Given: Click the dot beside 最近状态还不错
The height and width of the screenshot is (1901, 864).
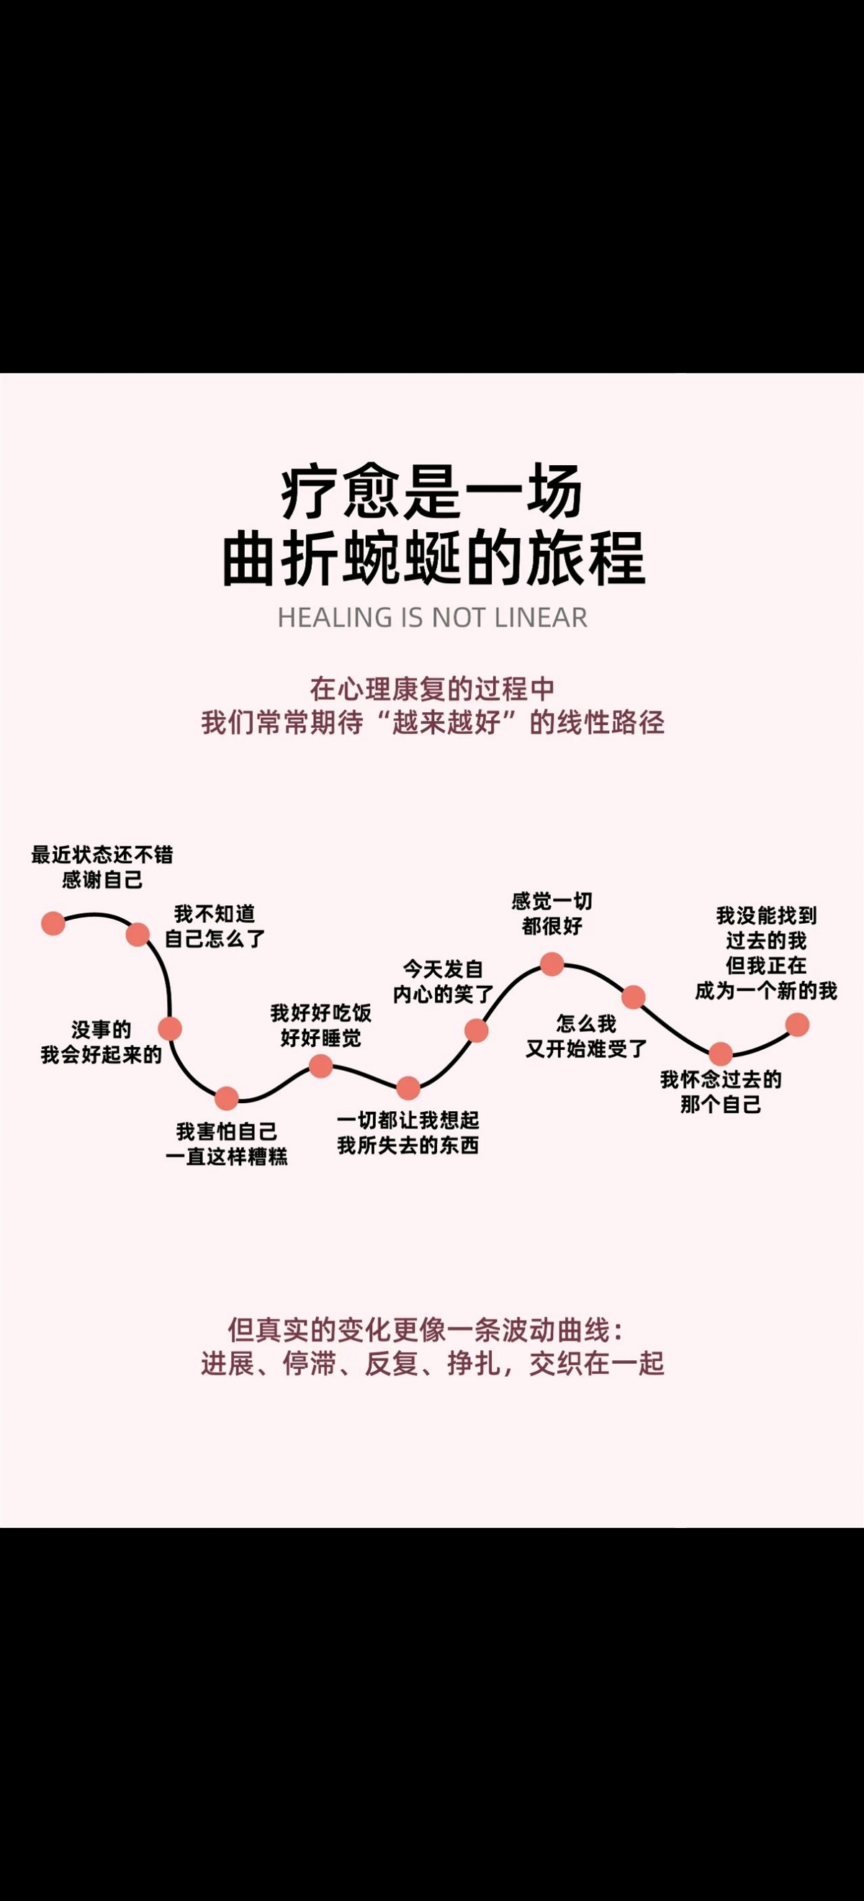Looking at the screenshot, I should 53,922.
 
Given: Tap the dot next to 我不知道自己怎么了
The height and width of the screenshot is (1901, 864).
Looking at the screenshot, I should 138,934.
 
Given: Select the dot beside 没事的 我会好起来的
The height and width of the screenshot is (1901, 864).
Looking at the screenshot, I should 170,1028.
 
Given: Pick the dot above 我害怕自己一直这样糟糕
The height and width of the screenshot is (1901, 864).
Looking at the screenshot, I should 227,1098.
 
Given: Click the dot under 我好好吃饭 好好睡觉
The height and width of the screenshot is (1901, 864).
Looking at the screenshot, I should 320,1066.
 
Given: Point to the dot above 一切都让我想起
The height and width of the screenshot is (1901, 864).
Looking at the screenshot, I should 408,1087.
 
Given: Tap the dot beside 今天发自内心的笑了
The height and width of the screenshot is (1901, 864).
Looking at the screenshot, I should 476,1030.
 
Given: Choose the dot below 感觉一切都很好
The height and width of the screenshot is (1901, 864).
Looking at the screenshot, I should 552,963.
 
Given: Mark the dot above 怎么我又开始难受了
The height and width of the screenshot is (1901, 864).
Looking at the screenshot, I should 633,997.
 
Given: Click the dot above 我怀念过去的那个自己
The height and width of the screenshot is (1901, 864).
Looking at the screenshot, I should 720,1053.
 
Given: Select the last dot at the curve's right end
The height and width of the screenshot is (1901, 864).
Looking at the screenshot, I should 797,1024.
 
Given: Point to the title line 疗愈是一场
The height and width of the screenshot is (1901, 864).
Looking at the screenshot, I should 431,493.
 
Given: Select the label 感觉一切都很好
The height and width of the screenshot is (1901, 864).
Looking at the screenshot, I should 552,914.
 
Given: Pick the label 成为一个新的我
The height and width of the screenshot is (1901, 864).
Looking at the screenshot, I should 766,990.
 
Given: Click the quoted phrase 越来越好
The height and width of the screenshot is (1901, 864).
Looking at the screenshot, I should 446,722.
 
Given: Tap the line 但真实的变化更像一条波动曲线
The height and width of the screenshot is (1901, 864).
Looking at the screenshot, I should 426,1330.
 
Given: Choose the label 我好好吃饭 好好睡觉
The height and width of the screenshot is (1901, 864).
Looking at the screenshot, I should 320,1026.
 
